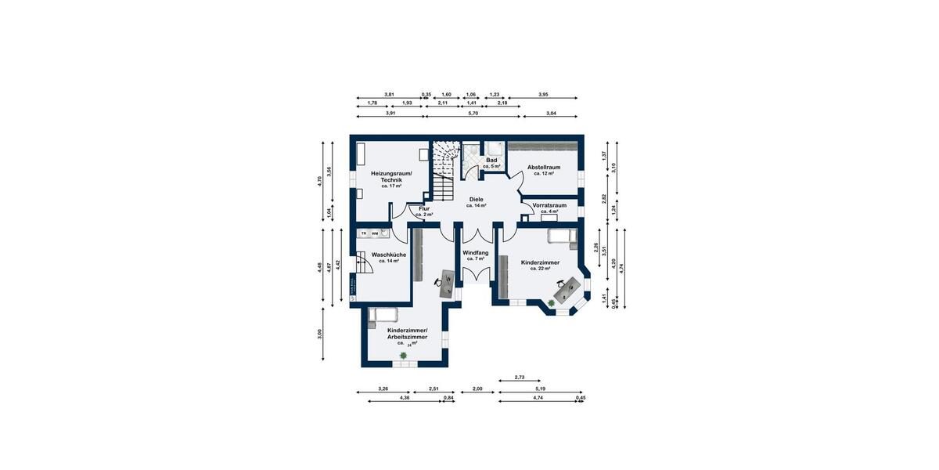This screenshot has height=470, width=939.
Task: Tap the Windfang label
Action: [475, 254]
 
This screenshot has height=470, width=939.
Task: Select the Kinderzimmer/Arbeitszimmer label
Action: [412, 335]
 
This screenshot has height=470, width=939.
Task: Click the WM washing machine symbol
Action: [375, 233]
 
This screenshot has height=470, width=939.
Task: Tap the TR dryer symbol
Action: [364, 233]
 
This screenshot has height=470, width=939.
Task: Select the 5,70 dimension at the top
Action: [473, 114]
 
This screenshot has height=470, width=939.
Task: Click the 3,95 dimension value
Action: [543, 95]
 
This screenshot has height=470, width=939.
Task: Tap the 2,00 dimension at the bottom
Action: [477, 389]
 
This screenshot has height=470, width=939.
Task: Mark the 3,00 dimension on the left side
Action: [319, 335]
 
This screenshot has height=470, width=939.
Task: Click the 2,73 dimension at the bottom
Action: [520, 378]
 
